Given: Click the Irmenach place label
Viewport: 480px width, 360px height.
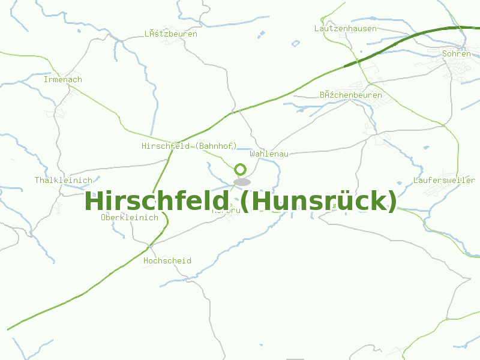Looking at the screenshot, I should click(63, 80).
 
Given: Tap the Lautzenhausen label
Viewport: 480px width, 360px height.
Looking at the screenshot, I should click(346, 29).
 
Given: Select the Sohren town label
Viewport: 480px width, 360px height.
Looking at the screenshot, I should click(456, 54).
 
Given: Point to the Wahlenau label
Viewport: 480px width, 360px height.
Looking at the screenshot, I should click(269, 154).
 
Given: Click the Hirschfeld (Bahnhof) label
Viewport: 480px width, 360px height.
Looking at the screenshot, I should click(190, 146).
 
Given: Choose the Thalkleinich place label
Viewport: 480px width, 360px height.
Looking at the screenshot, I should click(64, 181).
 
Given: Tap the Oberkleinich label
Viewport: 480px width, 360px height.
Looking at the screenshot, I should click(130, 218).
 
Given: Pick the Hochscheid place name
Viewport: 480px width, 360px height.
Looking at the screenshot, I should click(167, 261).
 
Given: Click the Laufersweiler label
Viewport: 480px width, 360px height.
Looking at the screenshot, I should click(444, 181).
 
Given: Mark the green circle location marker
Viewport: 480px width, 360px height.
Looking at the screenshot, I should click(241, 169).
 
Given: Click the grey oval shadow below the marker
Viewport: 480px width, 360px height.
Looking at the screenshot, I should click(242, 182).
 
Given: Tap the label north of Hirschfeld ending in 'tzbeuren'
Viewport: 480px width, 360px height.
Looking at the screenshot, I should click(171, 34).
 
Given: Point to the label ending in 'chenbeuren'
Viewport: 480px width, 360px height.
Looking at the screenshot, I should click(351, 95).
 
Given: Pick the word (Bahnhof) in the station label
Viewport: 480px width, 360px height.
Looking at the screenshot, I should click(217, 146).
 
